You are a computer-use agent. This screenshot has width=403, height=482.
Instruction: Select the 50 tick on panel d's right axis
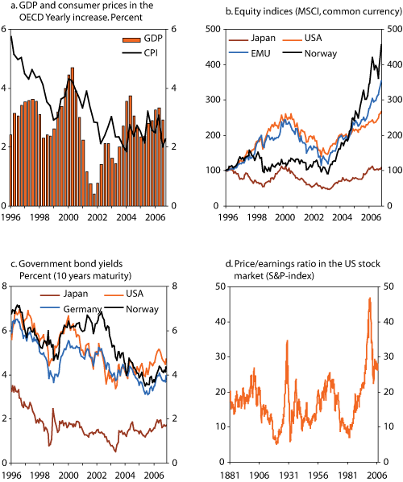395,286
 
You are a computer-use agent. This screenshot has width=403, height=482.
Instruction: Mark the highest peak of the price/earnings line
369,299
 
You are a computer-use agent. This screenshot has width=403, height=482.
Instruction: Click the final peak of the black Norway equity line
380,45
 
